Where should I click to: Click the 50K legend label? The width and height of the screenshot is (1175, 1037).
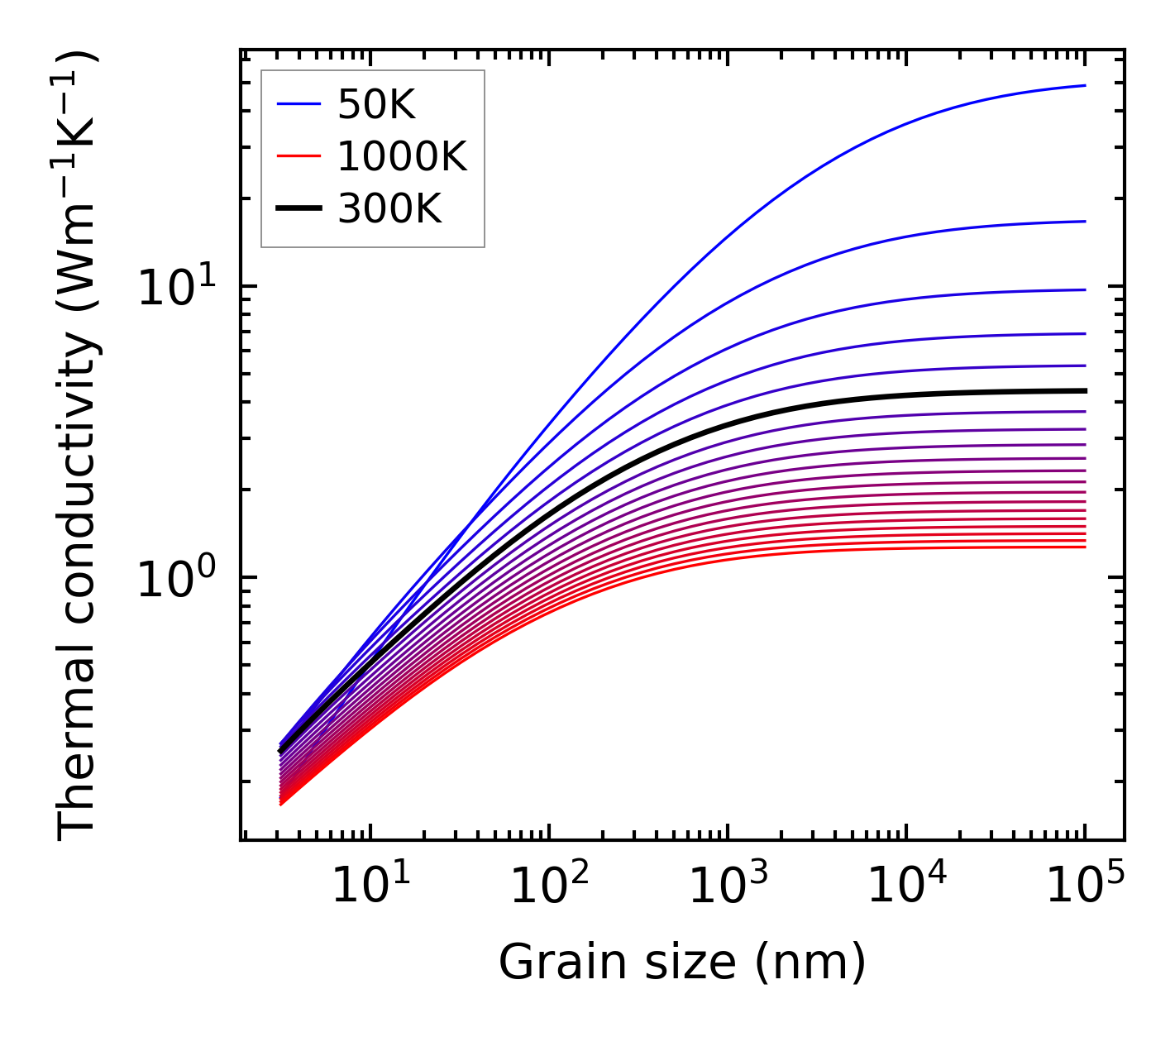point(376,105)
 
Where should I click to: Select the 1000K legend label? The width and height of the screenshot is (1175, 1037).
point(402,157)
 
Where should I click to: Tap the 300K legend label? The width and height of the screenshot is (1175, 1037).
point(389,209)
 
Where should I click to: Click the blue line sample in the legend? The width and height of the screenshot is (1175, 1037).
point(298,104)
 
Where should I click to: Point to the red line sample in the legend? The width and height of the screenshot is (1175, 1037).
point(298,156)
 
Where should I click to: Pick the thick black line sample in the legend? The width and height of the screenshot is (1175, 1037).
point(298,208)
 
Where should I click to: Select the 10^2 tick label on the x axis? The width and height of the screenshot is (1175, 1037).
point(548,887)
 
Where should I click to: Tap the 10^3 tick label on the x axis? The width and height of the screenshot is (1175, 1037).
point(727,887)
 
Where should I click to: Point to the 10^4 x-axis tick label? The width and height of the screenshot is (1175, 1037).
point(905,887)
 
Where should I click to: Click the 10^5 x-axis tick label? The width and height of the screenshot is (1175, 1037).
point(1084,887)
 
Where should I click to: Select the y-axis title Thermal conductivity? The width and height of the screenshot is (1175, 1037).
point(79,447)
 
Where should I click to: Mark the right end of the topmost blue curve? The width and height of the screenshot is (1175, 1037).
point(1084,85)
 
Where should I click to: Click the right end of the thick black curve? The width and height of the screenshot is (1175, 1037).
point(1084,390)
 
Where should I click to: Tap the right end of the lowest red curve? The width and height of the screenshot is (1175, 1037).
point(1084,547)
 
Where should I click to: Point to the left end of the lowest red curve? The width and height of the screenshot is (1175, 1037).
point(281,803)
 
